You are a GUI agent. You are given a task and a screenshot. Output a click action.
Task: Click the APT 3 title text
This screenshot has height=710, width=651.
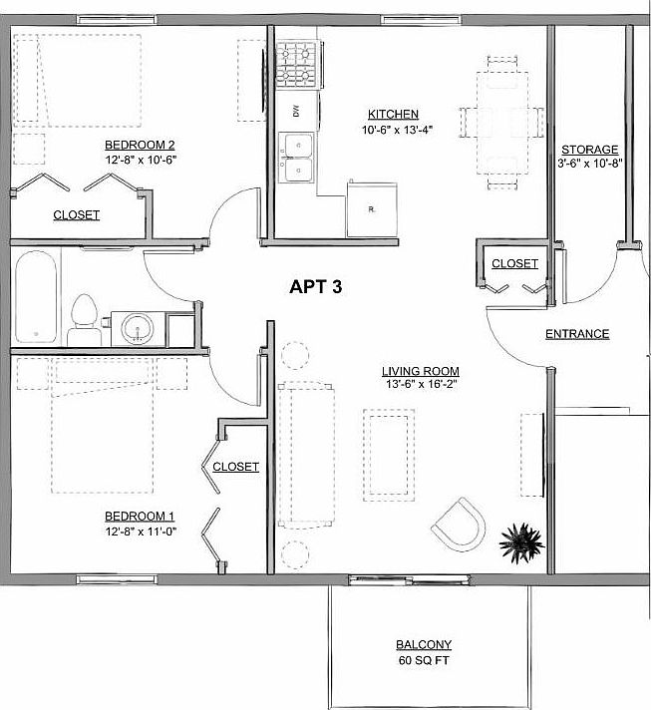coord(316,288)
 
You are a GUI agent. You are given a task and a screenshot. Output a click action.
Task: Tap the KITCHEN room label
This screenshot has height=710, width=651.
coord(393,115)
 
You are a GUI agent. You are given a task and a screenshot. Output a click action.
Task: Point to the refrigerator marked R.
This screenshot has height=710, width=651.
coord(371,208)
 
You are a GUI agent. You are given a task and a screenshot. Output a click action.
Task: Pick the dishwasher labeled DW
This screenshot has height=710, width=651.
coord(296,112)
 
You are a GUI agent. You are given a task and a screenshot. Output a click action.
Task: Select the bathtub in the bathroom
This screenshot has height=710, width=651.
coord(37,296)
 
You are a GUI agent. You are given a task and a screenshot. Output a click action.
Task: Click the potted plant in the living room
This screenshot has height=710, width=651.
coord(520,542)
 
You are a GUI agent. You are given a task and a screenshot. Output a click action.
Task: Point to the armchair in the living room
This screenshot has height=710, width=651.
coord(460,525)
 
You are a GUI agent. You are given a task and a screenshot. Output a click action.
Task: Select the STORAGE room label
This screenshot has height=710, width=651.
coord(590,150)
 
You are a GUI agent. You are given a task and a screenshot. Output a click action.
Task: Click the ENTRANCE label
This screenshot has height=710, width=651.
coord(577,334)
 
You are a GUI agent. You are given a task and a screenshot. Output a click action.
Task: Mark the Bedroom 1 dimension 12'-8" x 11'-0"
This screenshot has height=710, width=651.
coord(141,532)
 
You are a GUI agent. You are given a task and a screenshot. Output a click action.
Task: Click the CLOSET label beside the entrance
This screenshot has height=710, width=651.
coord(515,264)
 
